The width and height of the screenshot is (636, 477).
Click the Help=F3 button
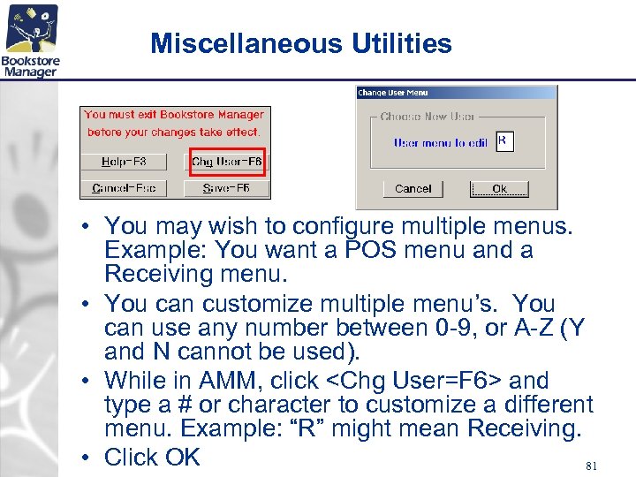(x=125, y=162)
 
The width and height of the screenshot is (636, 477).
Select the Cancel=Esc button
(x=125, y=188)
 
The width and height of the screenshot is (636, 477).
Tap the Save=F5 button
(x=225, y=188)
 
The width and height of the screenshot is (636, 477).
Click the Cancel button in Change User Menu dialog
(x=413, y=188)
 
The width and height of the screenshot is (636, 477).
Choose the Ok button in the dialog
(x=499, y=188)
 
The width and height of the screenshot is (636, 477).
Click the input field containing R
(x=504, y=141)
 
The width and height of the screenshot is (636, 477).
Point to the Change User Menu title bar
(x=456, y=92)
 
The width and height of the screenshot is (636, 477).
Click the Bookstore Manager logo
(x=31, y=41)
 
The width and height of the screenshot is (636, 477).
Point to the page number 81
(x=592, y=464)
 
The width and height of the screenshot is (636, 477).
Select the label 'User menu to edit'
(x=440, y=142)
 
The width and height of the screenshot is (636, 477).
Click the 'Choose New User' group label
(x=428, y=117)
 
